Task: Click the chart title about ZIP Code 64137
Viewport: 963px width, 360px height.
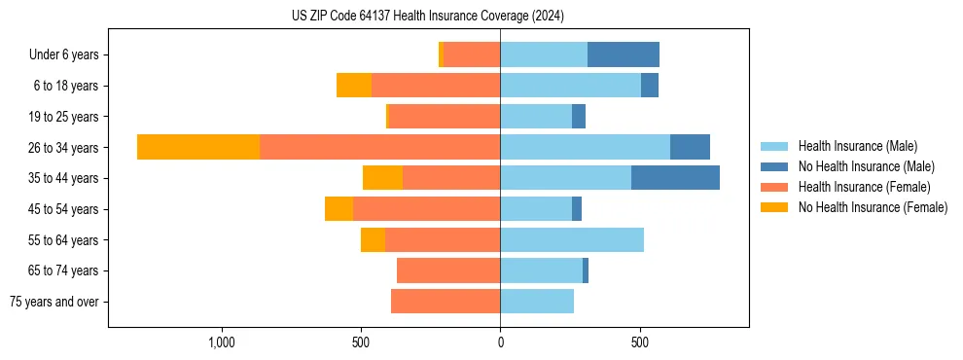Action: pos(427,17)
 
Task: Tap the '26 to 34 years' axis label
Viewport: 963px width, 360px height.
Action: pos(63,148)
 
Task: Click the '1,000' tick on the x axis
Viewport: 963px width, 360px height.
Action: pos(222,342)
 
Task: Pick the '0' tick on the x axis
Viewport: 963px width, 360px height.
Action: pos(500,342)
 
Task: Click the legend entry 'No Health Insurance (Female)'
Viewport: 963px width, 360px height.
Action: pos(873,207)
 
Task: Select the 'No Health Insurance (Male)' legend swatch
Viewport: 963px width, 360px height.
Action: pos(775,166)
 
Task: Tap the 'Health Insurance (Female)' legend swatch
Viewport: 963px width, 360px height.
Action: pos(775,187)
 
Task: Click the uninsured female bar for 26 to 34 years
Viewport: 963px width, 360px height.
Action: pos(198,147)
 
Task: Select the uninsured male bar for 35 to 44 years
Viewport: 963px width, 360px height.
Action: pos(675,178)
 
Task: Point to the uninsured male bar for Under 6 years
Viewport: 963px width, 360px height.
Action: pos(624,54)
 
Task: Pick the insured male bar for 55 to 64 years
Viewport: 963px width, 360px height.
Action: pos(572,239)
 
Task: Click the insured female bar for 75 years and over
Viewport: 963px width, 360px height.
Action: pos(446,302)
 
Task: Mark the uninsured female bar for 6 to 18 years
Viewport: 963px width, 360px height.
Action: pos(354,86)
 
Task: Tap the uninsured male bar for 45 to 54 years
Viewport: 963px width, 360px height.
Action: pos(577,209)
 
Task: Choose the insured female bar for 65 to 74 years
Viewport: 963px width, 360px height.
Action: pos(448,270)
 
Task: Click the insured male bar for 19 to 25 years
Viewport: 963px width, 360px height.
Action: pos(536,117)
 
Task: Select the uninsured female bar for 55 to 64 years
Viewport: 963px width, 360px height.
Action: pos(373,239)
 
